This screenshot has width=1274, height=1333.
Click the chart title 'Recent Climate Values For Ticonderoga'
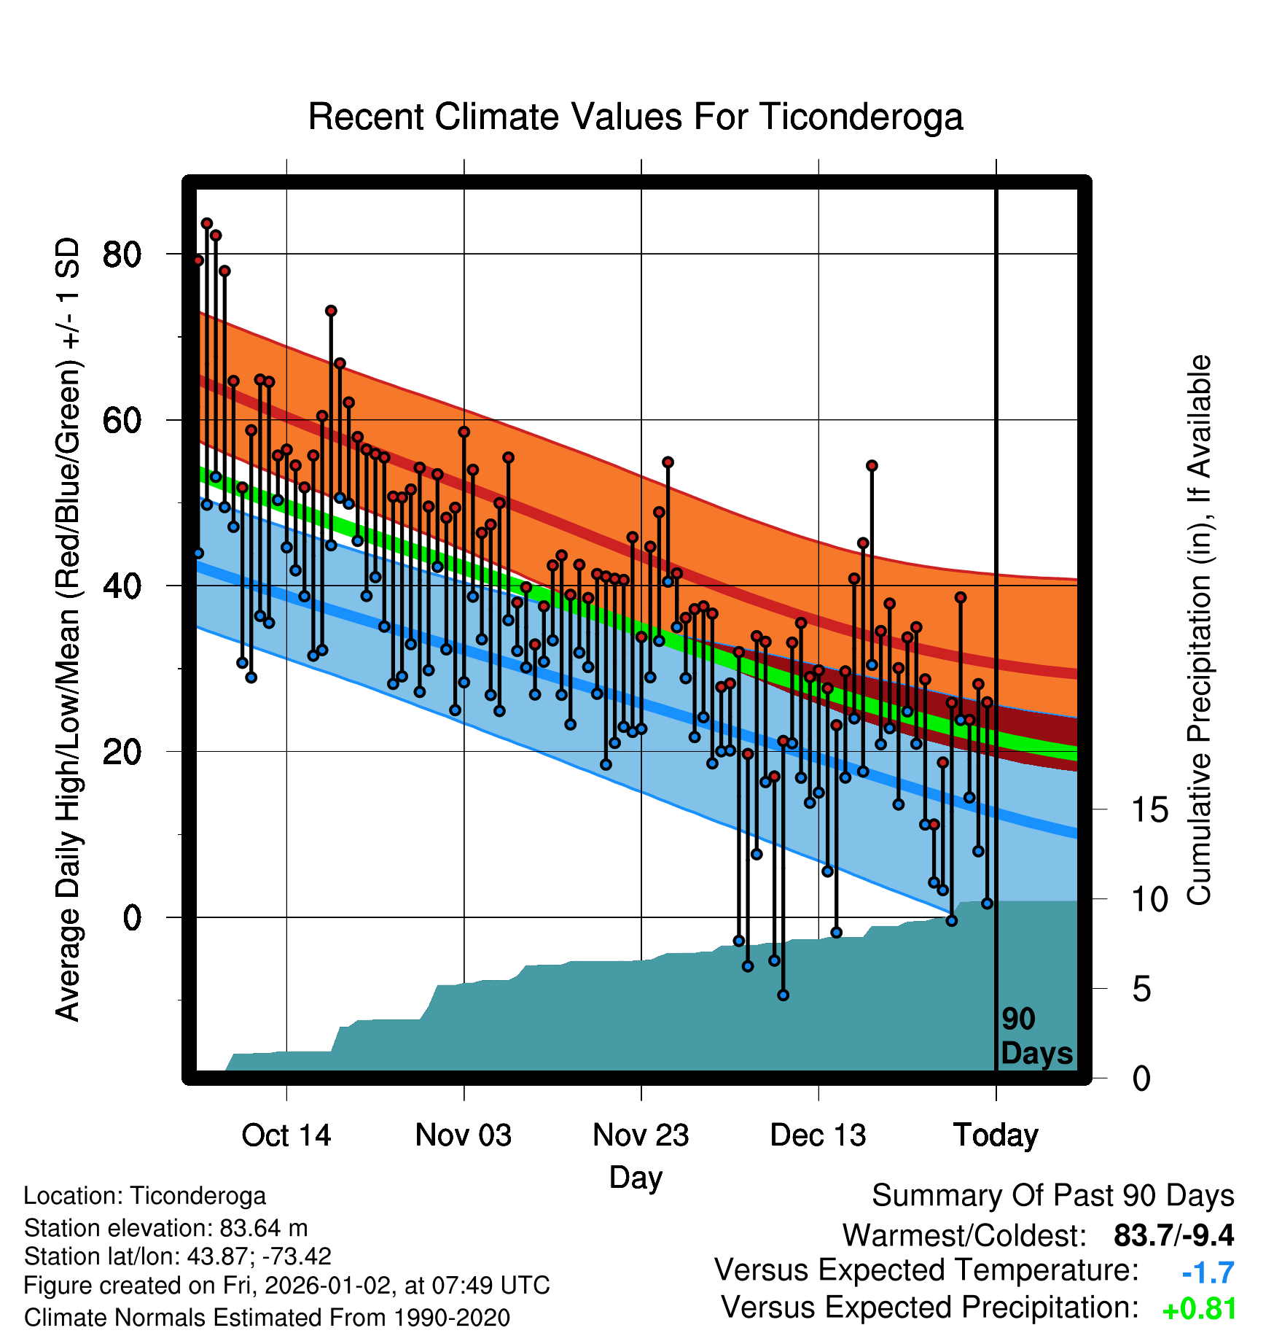coord(636,117)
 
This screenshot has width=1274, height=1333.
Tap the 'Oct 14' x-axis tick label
coord(286,1135)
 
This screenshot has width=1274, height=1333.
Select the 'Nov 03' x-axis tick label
coord(464,1135)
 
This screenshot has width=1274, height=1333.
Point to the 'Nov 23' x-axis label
coord(641,1135)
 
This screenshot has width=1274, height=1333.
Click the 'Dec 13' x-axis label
coord(818,1135)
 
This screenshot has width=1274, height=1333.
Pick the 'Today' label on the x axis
coord(996,1135)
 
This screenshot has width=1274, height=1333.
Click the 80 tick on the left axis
coord(122,254)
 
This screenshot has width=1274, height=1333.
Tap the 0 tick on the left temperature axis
coord(132,917)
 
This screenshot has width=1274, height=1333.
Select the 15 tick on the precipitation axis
coord(1149,810)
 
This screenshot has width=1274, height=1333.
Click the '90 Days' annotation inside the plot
coord(1036,1037)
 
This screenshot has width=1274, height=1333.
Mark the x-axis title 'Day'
coord(636,1178)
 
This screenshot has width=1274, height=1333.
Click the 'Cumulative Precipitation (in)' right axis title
coord(1199,631)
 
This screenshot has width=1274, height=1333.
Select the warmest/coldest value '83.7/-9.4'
coord(1173,1236)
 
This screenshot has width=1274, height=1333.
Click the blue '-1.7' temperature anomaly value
coord(1208,1273)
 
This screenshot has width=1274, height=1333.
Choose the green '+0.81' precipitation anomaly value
coord(1200,1310)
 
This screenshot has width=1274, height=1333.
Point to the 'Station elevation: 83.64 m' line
coord(165,1228)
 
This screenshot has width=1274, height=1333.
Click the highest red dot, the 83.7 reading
coord(207,223)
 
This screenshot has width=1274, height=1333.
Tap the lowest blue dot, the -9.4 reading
coord(783,995)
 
